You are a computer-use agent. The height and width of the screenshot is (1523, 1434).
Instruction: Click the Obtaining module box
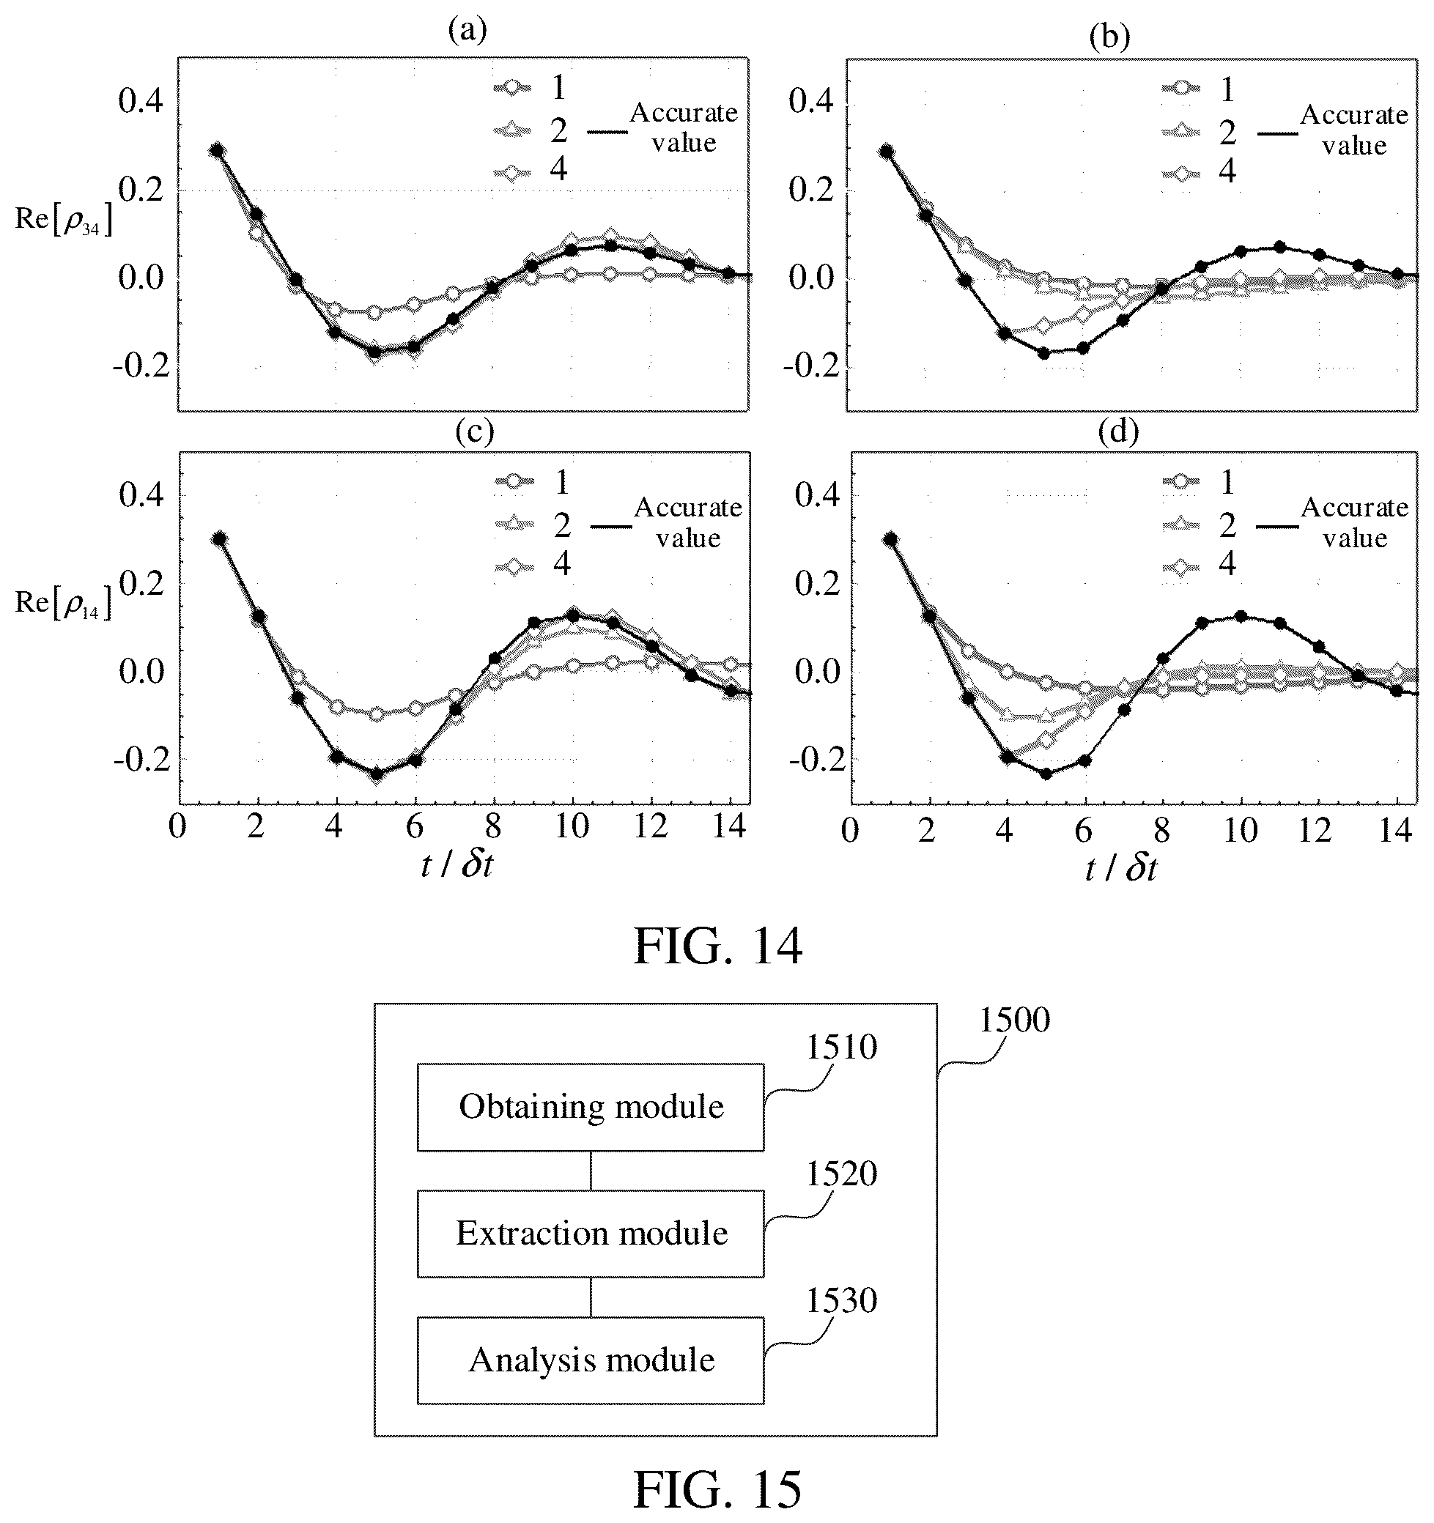[590, 1107]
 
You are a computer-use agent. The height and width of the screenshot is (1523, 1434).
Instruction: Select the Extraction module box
[590, 1234]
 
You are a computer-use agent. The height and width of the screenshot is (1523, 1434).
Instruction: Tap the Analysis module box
[590, 1360]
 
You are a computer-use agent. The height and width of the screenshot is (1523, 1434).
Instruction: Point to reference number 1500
[1014, 1020]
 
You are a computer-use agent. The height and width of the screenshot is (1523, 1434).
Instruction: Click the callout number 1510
[840, 1048]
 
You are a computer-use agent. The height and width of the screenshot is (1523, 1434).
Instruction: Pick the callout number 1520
[840, 1174]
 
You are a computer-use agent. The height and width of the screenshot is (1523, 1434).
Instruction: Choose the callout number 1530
[840, 1301]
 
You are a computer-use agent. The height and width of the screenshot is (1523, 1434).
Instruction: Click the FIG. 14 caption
[717, 946]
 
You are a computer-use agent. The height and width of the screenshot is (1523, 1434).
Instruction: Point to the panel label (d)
[1118, 432]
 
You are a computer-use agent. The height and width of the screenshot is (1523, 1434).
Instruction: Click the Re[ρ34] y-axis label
[64, 221]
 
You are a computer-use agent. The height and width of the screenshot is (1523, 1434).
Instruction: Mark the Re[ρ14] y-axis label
[64, 604]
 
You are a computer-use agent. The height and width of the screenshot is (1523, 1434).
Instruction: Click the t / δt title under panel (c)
[457, 865]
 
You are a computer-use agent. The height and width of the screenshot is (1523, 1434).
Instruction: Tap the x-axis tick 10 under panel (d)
[1239, 831]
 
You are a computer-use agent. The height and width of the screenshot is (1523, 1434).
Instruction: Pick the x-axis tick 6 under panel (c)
[414, 827]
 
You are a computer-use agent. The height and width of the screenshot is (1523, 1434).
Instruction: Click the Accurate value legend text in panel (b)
[1354, 130]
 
